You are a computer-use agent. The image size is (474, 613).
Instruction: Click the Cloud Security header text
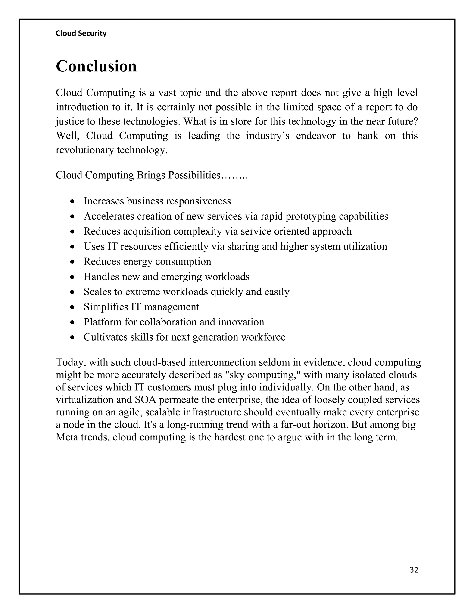click(x=81, y=33)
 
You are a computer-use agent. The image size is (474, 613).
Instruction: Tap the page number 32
click(x=414, y=570)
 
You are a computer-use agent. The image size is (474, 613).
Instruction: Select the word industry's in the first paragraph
click(x=268, y=136)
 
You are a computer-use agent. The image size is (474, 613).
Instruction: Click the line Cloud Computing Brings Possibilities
click(x=151, y=175)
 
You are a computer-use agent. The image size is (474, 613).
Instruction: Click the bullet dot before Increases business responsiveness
click(x=73, y=202)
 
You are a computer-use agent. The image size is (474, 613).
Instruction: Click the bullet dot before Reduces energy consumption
click(x=73, y=262)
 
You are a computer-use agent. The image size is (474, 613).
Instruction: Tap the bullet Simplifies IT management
click(x=141, y=307)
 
